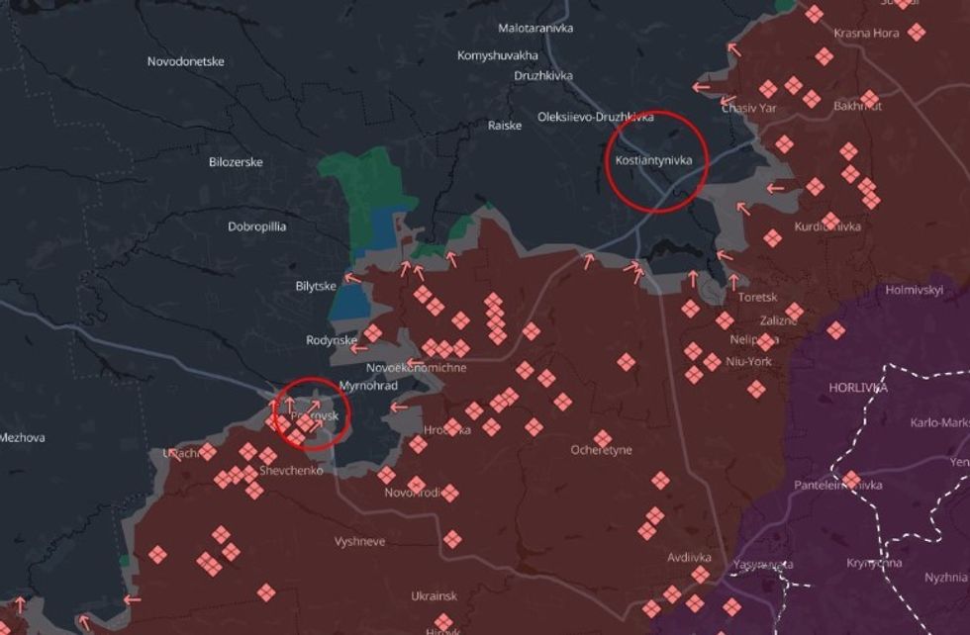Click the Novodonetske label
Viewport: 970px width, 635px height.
point(186,61)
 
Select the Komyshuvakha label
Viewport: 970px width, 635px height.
point(498,55)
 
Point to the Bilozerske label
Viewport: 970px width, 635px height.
point(237,162)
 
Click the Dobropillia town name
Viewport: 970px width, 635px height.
point(257,227)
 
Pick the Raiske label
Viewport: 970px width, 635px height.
point(505,126)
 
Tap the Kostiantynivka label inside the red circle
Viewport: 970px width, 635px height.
point(652,159)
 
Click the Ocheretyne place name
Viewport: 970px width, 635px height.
point(601,450)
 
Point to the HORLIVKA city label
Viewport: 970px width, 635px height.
point(858,388)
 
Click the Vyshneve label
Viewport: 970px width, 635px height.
point(360,542)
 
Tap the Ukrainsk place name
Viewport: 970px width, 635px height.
point(435,596)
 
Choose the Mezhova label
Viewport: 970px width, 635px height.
point(22,437)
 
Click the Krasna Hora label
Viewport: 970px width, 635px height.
point(867,33)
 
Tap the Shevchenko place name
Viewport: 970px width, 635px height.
point(291,471)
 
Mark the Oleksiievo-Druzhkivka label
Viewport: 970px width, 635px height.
point(595,117)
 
